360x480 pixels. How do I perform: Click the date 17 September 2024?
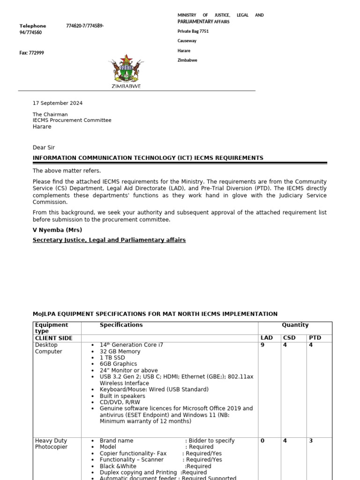coord(58,103)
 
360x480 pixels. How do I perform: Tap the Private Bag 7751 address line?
coord(193,31)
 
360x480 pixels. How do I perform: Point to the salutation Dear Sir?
coord(44,148)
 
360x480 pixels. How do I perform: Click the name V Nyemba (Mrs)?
coord(57,230)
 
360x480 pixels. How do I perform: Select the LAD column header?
coord(266,338)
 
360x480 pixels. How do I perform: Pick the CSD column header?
coord(289,338)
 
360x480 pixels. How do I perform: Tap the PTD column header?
coord(315,338)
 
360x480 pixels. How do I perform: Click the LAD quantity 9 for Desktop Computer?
coord(262,345)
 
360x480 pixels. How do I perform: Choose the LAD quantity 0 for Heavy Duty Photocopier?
coord(262,441)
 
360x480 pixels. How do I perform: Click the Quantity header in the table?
coord(295,325)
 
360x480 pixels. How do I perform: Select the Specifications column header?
coord(121,325)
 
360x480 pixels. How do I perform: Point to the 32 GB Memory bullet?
coord(120,352)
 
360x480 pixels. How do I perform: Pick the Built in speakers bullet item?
coord(122,396)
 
